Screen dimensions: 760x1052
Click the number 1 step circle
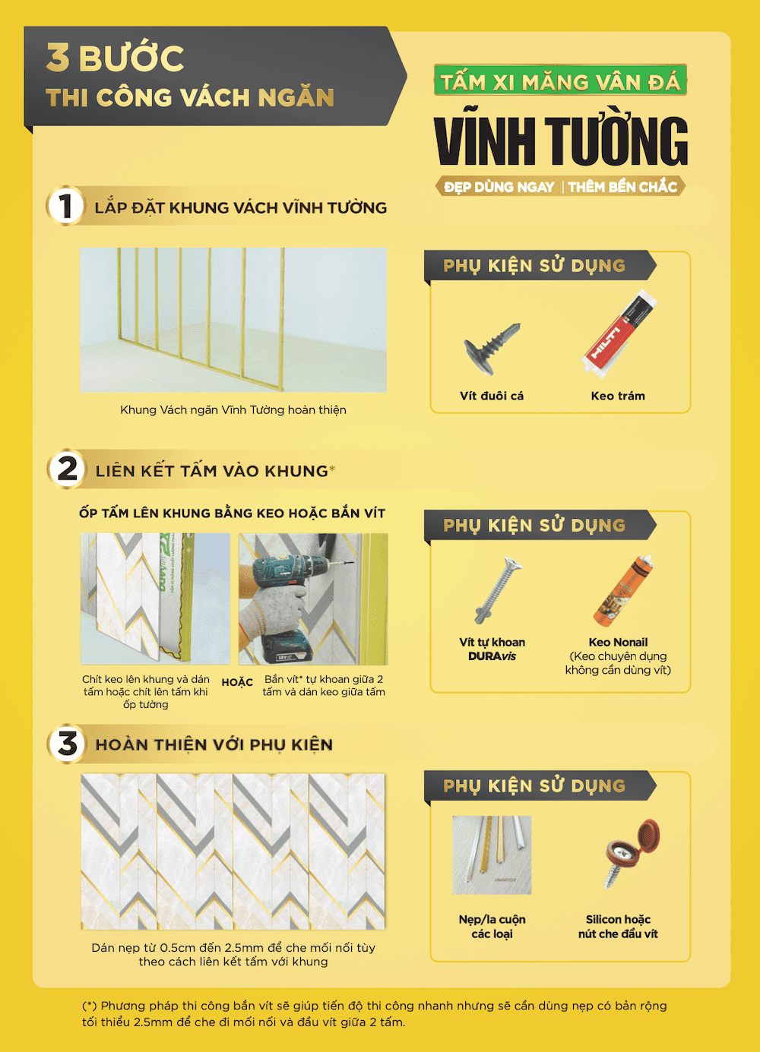point(66,206)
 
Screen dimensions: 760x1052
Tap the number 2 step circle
point(66,469)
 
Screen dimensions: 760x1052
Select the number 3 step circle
point(67,744)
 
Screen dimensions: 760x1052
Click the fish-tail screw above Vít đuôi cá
point(492,349)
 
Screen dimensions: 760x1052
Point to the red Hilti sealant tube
point(619,333)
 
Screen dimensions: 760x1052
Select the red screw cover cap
point(632,853)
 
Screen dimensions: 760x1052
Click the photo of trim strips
point(492,855)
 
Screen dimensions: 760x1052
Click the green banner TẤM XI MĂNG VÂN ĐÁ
point(560,80)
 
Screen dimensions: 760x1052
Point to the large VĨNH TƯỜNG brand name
point(561,140)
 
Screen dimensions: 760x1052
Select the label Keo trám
point(618,396)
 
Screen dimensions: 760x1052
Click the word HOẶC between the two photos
point(237,682)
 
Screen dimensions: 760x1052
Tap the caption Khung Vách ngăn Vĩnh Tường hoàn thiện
point(233,409)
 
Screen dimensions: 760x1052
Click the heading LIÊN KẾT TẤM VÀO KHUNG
point(211,471)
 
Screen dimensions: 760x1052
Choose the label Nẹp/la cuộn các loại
point(492,926)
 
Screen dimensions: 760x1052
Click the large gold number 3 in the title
point(58,57)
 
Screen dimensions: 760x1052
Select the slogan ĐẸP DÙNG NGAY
point(499,187)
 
